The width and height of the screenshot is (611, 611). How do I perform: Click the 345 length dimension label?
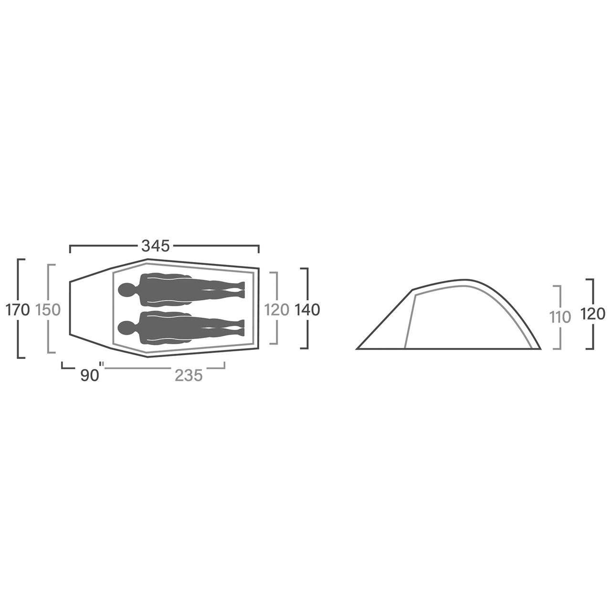156,246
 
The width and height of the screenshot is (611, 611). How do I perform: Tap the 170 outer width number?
18,310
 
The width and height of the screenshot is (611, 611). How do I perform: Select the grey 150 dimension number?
48,310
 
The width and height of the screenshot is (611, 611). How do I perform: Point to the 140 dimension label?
307,310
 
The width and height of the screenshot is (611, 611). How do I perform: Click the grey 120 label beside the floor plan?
277,310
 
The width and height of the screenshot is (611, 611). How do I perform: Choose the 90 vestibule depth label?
89,376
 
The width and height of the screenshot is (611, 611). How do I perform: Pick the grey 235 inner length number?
189,376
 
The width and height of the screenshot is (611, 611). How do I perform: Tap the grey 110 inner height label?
560,317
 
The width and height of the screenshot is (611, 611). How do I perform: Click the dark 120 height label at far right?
593,314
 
